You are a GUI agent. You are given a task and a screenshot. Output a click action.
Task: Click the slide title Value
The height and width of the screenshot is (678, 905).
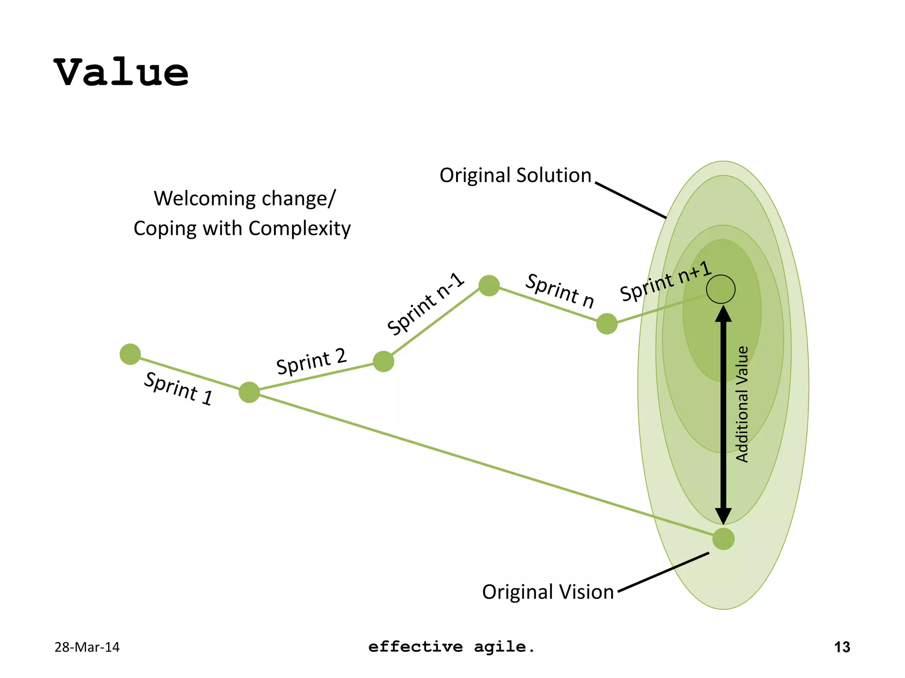click(122, 73)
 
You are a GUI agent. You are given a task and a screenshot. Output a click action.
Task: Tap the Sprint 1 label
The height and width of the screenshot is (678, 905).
click(179, 388)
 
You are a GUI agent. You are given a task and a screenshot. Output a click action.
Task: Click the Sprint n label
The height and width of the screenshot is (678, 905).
click(559, 290)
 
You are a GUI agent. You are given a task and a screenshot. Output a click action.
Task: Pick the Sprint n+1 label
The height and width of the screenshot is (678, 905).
click(665, 281)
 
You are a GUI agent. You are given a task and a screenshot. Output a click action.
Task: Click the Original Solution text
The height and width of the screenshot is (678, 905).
click(515, 175)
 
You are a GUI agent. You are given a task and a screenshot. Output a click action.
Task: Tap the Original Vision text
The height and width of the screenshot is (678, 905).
click(548, 592)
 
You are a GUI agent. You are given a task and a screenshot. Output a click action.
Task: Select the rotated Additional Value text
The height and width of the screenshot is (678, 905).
click(742, 404)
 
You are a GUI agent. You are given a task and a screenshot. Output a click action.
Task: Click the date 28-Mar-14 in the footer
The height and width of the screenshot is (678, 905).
click(87, 647)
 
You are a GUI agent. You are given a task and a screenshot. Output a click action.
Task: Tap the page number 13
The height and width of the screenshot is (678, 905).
click(842, 647)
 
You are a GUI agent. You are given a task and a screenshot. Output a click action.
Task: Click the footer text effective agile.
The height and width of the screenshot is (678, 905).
click(451, 647)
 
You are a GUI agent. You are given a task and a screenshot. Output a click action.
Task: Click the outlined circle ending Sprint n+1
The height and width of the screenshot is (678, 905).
click(720, 289)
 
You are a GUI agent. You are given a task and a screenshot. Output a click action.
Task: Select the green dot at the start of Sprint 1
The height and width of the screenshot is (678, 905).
click(130, 354)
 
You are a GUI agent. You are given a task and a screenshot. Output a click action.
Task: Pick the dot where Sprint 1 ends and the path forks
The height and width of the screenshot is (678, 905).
click(249, 392)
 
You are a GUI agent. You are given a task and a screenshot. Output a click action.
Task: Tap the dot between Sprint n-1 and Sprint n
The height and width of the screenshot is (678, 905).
click(489, 286)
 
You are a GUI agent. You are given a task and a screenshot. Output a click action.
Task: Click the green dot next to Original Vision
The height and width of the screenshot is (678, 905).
click(723, 539)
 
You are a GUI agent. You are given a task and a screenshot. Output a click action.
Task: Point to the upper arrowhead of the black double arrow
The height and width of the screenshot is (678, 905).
click(723, 314)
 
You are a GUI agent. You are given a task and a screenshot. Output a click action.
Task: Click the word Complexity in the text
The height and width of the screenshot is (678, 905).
click(300, 229)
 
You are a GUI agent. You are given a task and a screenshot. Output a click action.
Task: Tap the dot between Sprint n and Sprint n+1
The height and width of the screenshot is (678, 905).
click(607, 324)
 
